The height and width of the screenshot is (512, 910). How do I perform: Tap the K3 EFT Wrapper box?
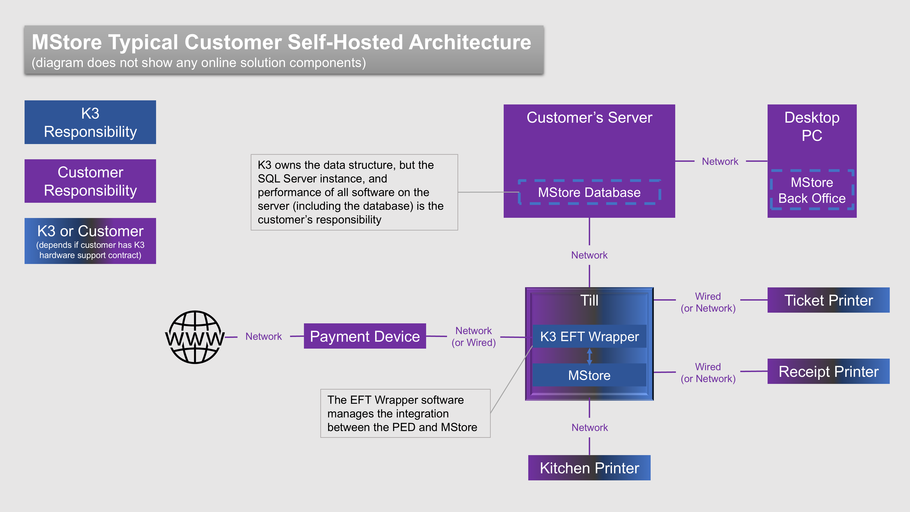point(589,336)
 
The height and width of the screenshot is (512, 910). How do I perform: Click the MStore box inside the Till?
point(589,375)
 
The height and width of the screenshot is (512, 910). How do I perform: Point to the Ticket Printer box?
point(828,300)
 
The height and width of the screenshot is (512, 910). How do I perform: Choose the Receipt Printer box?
point(828,371)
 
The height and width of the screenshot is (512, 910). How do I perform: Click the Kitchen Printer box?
point(589,468)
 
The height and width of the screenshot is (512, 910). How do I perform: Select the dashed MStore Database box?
point(589,192)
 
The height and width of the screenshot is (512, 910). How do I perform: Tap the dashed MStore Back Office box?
point(812,190)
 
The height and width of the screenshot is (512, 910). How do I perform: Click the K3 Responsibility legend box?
point(90,122)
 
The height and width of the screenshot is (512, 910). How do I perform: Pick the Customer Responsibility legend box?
point(90,181)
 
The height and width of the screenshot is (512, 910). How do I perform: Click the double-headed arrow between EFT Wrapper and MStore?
point(589,356)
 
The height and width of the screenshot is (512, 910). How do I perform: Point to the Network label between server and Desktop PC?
point(720,162)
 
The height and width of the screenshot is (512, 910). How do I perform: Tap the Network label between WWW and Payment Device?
point(263,336)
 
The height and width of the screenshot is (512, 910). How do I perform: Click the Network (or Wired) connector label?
point(473,336)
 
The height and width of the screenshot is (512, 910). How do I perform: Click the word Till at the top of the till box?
point(589,300)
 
